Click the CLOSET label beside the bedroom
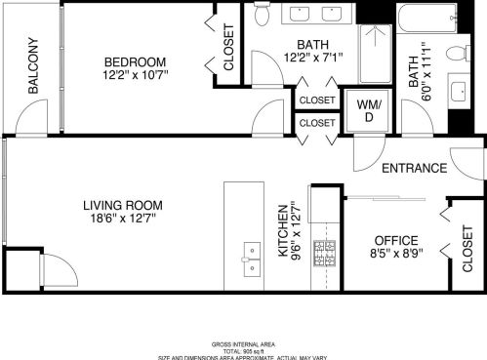tap(228, 49)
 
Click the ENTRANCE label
tap(414, 168)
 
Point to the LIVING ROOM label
tap(122, 206)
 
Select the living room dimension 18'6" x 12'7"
tap(122, 220)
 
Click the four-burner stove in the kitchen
tap(324, 254)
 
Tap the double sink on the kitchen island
tap(252, 256)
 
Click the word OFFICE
tap(396, 241)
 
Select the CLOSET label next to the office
tap(467, 247)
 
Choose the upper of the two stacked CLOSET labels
tap(316, 100)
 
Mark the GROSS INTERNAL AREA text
tap(243, 343)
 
